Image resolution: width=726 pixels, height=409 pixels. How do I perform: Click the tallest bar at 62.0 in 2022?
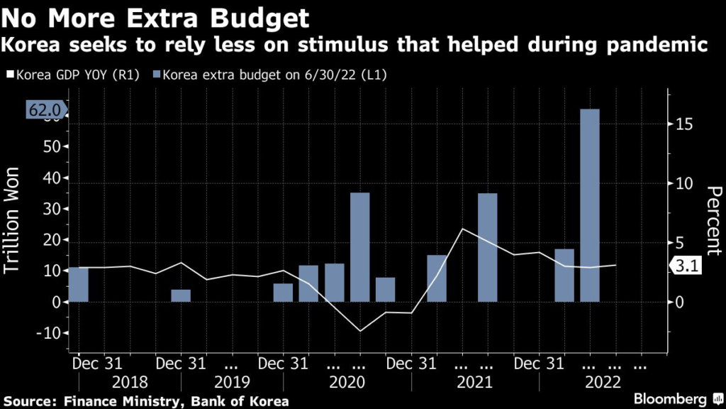tap(590, 206)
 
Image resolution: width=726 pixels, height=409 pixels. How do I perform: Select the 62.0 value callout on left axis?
tap(46, 110)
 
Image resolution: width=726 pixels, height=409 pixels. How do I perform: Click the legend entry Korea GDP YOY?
tap(79, 74)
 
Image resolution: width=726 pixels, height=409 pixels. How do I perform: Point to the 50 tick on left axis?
tap(55, 146)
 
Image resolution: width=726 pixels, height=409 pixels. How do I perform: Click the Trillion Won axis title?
tap(15, 222)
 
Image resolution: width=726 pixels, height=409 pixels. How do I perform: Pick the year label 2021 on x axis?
tap(474, 382)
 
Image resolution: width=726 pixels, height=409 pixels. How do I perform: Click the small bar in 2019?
tap(181, 295)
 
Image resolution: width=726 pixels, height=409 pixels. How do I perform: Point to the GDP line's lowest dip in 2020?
tap(360, 331)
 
